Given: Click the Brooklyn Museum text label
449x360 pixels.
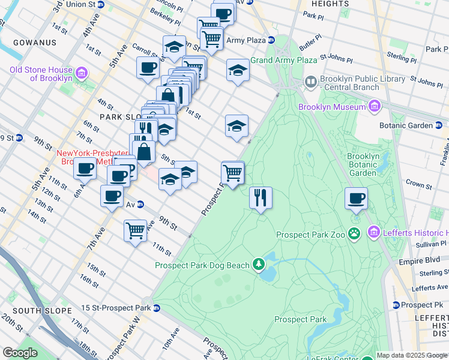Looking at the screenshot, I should (x=332, y=107).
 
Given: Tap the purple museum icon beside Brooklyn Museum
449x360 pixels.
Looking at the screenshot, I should (x=375, y=106).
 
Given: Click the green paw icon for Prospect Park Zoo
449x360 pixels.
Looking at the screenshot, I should (x=355, y=233).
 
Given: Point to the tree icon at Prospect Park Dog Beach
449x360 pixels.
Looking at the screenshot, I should (x=259, y=264).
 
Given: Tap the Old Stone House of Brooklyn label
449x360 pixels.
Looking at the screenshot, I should (x=41, y=74).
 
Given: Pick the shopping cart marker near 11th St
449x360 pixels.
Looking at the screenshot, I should (x=135, y=230).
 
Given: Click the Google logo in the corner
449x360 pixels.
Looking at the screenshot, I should (x=20, y=353).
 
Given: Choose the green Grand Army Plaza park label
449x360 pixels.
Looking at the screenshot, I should (x=283, y=61).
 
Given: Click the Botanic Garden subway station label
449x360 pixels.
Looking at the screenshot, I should (x=405, y=125).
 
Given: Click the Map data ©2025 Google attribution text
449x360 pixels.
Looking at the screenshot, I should (x=412, y=355).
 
